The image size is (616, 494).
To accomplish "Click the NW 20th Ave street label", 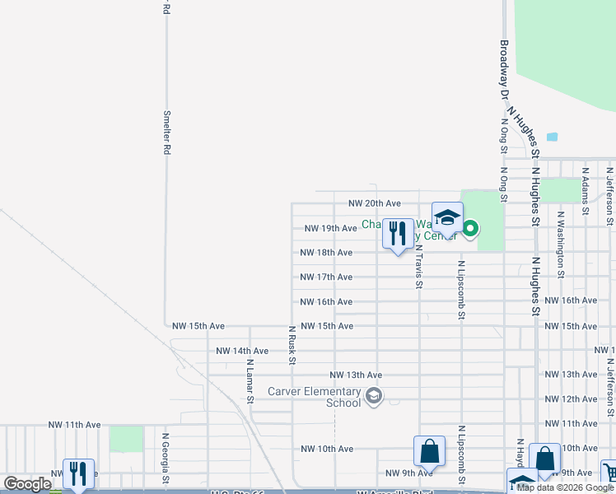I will [x=374, y=203].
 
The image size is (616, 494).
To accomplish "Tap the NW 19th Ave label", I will [x=330, y=228].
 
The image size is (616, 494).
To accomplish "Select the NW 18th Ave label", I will [x=326, y=253].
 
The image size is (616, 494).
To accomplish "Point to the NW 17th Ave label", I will [x=326, y=277].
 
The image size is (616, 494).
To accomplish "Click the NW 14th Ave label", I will [x=242, y=352].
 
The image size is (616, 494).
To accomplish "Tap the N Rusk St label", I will [x=292, y=344].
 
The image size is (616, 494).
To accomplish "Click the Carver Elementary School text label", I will [x=315, y=397].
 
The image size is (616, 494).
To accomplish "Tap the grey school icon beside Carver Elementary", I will [x=374, y=398].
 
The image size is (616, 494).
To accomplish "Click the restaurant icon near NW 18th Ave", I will [x=398, y=234].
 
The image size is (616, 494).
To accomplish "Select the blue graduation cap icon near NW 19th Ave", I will [x=447, y=218].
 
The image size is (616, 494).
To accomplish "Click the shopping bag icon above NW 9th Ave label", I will [x=429, y=452].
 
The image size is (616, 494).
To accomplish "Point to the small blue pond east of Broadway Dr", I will [x=552, y=137].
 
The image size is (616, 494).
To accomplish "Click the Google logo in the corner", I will [x=27, y=484].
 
